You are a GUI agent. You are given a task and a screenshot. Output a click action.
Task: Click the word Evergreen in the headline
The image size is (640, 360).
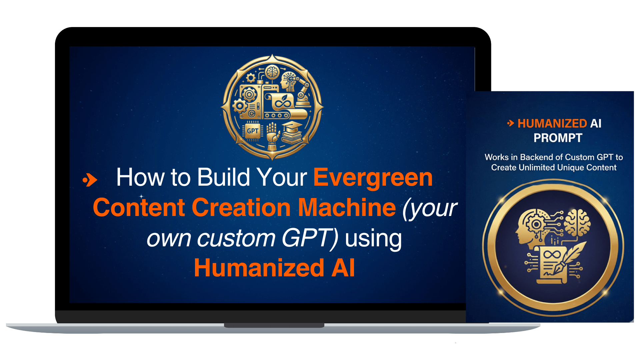coord(373,178)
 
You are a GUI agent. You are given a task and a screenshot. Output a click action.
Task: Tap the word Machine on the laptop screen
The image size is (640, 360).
coord(347,207)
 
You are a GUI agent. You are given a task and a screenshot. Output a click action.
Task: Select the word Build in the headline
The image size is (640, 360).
coord(223,177)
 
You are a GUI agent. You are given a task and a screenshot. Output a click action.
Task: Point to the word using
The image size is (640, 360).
coord(373,239)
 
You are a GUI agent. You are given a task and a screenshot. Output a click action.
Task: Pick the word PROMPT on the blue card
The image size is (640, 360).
coord(558,138)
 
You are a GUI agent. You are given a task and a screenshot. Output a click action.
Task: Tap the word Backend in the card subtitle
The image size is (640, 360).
coord(536,157)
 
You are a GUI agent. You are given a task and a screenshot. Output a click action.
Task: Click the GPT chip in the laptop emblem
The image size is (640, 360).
coord(252,131)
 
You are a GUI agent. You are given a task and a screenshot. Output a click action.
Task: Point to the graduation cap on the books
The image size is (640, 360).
coord(292,127)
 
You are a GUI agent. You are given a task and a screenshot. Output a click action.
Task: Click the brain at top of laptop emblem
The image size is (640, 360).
coord(272,72)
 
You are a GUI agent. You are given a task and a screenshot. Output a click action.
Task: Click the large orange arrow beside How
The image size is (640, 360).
coord(90,180)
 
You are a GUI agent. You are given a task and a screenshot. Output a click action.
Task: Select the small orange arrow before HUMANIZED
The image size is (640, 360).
coord(511,123)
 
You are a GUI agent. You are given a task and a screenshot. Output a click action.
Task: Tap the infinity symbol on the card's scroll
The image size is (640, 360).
coord(552,255)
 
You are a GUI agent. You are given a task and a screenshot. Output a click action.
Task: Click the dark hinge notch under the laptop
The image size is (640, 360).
coord(274,325)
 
